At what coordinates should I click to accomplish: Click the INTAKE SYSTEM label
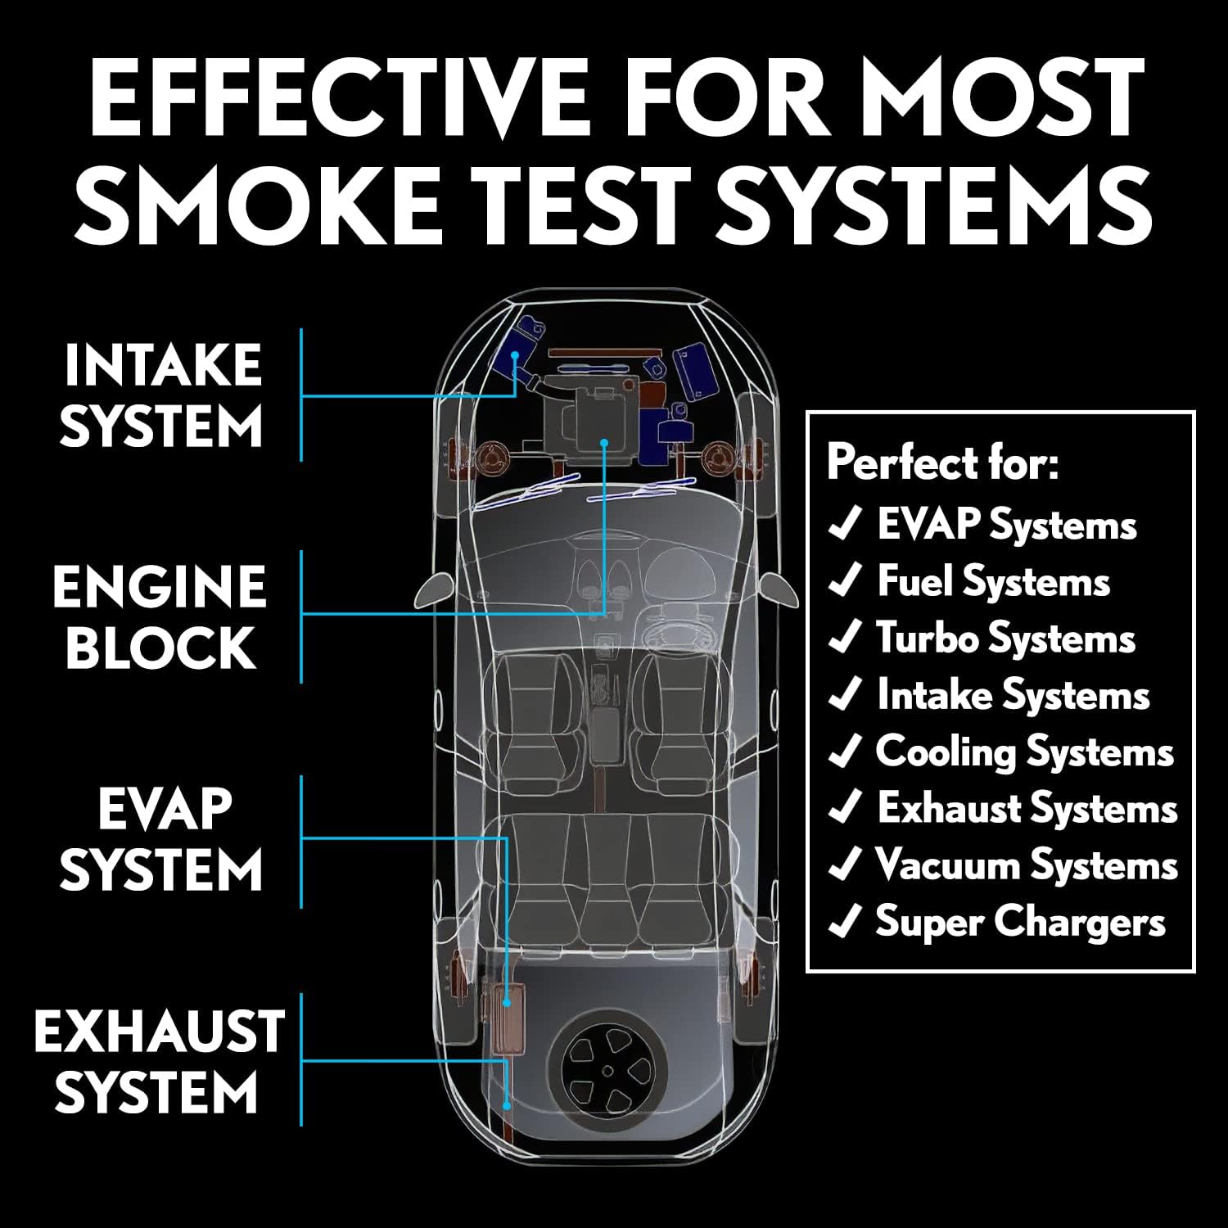(162, 395)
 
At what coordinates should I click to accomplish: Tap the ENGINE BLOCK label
(160, 616)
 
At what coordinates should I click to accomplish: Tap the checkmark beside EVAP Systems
(845, 525)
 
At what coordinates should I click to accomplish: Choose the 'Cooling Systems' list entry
(1024, 752)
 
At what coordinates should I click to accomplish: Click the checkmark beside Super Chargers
(845, 923)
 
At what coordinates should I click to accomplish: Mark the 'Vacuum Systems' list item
(1026, 865)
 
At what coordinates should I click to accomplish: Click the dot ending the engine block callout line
(604, 442)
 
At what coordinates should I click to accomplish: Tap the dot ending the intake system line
(515, 355)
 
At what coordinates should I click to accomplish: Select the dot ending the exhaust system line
(508, 1105)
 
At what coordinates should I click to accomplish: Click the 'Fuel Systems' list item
(993, 581)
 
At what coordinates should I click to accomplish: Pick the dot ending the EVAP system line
(508, 1002)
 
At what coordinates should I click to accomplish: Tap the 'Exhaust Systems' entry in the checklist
(1027, 809)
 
